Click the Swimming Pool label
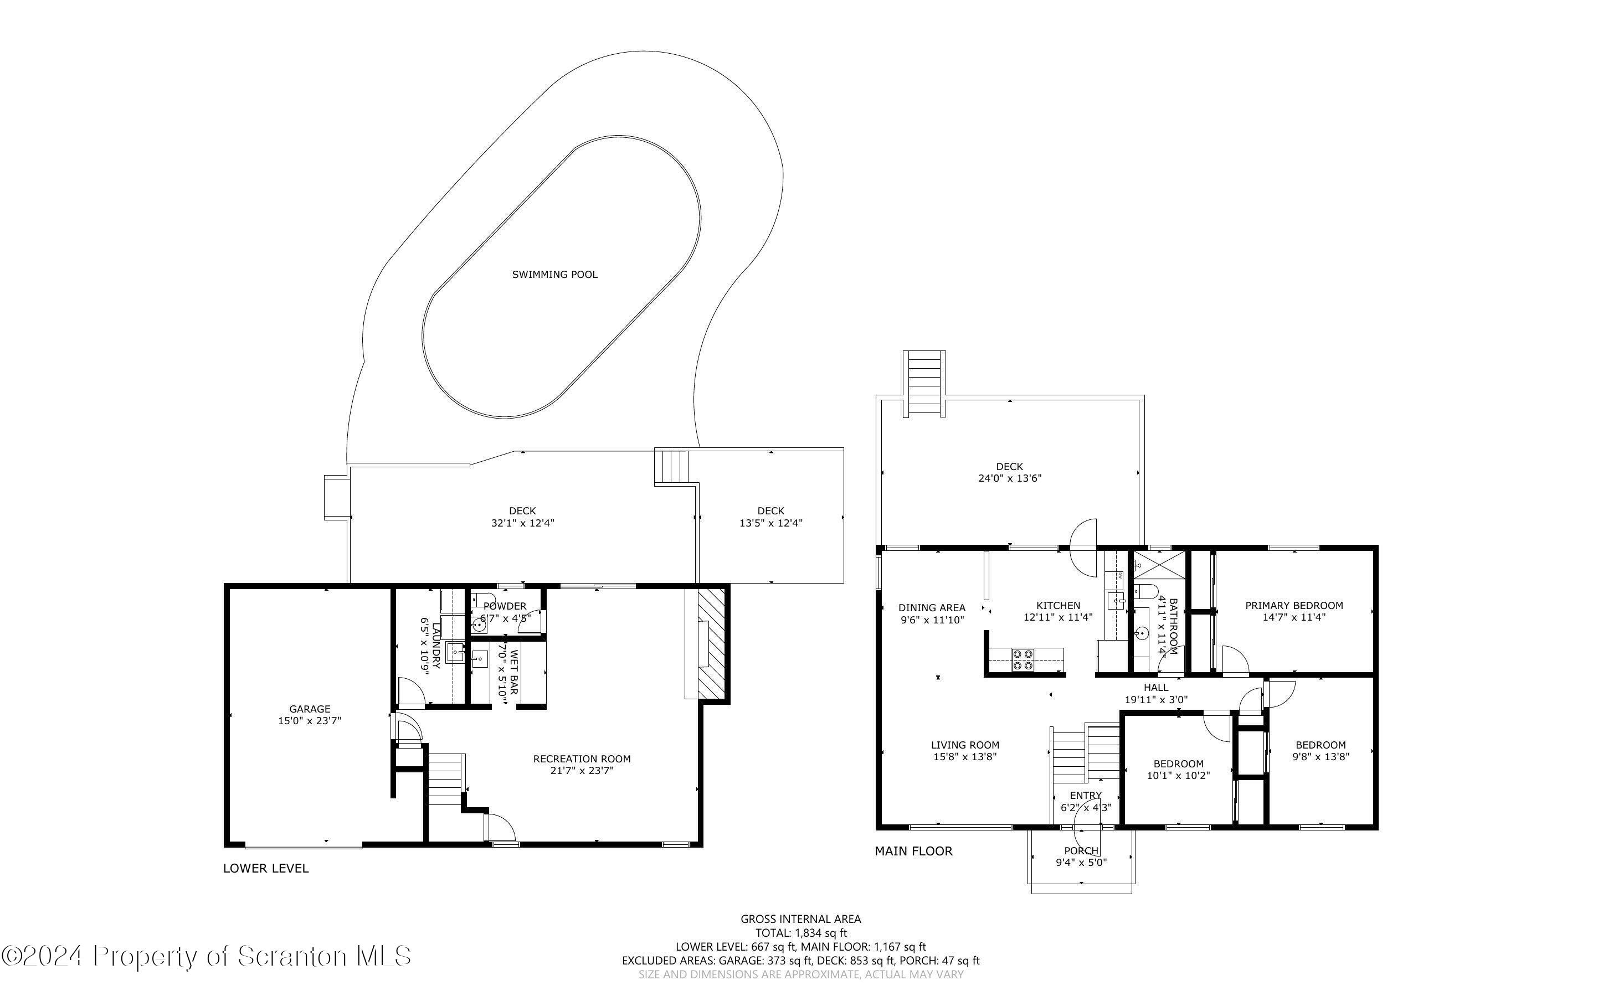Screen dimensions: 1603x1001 point(555,274)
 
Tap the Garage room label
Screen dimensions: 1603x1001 point(309,709)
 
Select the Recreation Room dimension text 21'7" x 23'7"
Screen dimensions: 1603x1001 point(582,771)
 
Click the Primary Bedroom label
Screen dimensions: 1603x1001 point(1294,605)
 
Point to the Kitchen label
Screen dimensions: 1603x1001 point(1058,605)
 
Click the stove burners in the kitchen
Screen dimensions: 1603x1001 point(1023,660)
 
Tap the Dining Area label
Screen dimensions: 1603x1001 point(932,608)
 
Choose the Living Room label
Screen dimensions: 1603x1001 point(965,745)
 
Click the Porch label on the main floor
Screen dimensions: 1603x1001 point(1081,851)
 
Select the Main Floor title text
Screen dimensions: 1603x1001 point(914,852)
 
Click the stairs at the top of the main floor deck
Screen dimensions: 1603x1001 point(924,383)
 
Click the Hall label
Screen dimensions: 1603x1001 point(1156,688)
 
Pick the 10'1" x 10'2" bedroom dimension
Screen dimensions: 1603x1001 point(1179,775)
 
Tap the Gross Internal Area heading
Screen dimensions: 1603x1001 point(800,919)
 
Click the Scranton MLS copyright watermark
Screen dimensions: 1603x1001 point(206,957)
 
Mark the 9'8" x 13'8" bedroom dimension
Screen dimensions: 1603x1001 point(1321,757)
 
